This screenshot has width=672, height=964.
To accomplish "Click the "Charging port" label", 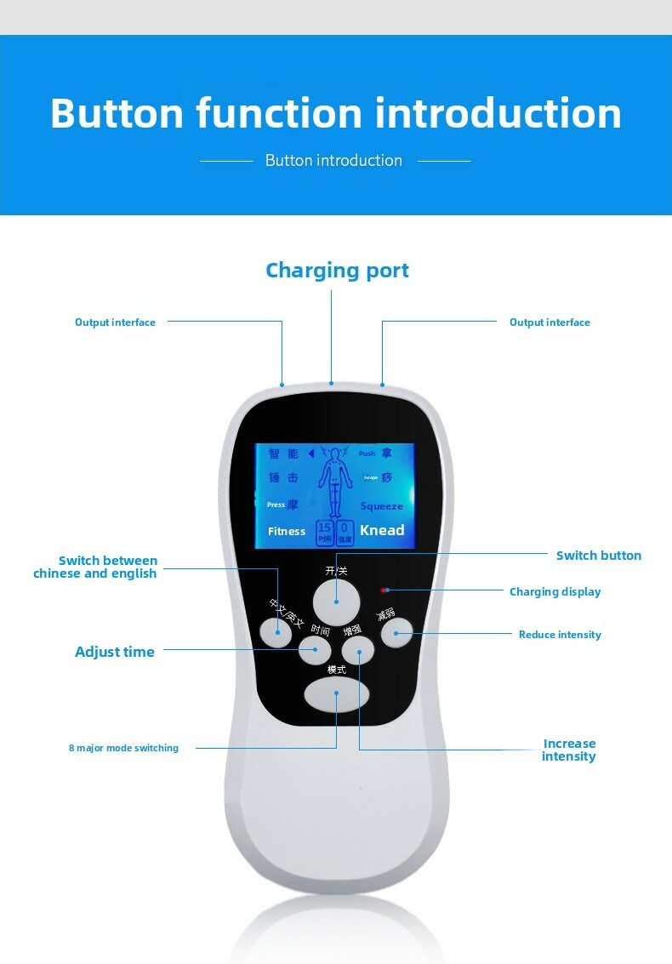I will [337, 271].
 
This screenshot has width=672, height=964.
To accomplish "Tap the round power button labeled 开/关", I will [337, 602].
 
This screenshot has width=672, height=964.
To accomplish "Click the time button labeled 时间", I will [315, 653].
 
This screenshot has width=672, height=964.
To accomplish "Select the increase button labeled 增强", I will [358, 653].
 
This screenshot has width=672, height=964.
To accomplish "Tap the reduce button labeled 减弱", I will [397, 633].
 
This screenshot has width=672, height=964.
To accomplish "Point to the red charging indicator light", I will [384, 590].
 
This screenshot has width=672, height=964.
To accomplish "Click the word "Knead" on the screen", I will [382, 530].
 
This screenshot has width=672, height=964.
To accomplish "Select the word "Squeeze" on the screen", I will [381, 506].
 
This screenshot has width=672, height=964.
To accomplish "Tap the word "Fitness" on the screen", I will [287, 532].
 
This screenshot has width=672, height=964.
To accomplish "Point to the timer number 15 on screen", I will [324, 528].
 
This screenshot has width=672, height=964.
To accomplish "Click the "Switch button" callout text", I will [598, 556].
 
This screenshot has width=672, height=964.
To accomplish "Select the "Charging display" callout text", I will [555, 592].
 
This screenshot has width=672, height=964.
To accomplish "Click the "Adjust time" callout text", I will [115, 652].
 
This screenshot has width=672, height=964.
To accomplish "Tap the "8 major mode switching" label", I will [123, 748].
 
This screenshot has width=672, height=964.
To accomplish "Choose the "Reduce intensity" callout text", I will [560, 635].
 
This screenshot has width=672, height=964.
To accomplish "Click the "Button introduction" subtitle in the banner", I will [333, 160].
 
